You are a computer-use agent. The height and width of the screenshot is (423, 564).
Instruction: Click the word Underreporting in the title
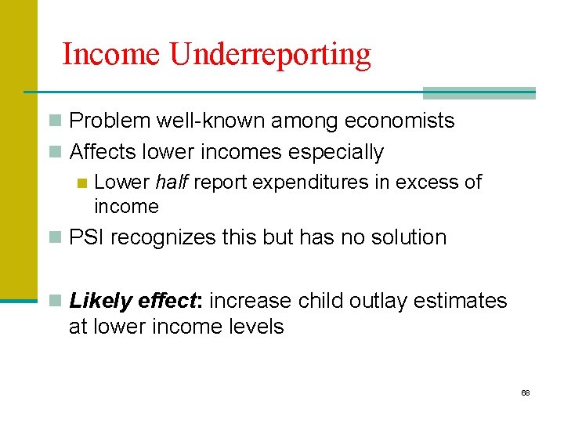[x=270, y=55]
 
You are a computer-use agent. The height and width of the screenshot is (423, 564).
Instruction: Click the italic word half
[x=172, y=183]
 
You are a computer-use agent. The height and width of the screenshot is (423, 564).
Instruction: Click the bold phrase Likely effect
[x=136, y=301]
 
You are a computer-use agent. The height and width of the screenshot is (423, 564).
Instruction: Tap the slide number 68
[x=526, y=392]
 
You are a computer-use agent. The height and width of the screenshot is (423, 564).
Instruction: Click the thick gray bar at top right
[x=479, y=93]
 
